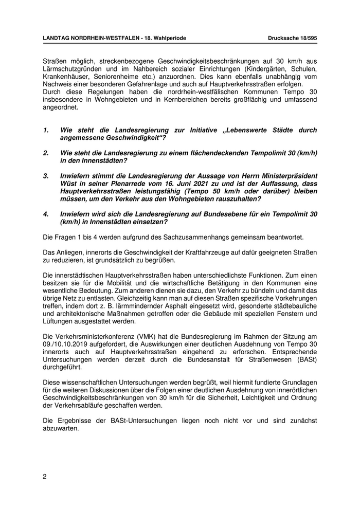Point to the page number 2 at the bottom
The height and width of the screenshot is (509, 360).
click(45, 476)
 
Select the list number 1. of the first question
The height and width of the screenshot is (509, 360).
click(46, 131)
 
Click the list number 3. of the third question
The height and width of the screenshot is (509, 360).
click(46, 176)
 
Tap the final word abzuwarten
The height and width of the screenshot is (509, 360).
click(61, 428)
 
